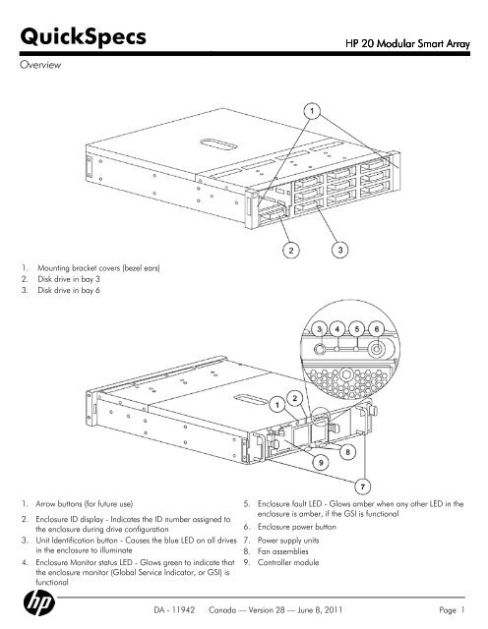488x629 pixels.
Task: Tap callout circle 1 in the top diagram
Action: tap(311, 110)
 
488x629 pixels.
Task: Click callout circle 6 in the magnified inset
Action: tap(380, 326)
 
